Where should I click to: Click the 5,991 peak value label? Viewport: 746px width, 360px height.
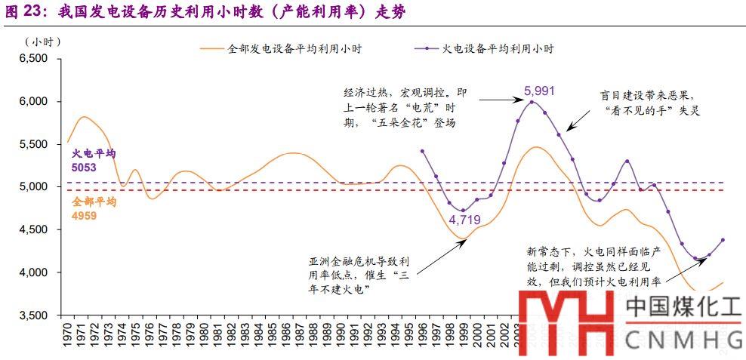pos(539,91)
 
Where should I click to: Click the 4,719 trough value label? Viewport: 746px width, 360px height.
pos(465,220)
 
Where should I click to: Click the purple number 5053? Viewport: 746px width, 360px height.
pos(84,168)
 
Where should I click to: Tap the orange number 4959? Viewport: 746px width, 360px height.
pos(84,215)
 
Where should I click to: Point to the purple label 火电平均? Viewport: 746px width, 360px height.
pos(94,154)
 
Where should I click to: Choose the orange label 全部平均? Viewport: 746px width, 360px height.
pos(94,202)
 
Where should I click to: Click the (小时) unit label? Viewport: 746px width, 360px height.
pos(42,40)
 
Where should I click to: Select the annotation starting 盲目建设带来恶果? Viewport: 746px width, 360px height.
pos(644,102)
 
